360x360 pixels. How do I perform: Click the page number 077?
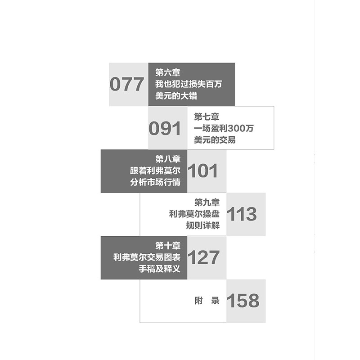coord(127,85)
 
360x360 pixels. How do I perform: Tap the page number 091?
coord(165,129)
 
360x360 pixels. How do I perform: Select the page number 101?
coord(203,171)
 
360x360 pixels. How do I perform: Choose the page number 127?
coord(203,257)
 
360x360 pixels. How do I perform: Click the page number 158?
coord(243,301)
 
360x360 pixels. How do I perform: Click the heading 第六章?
coord(167,72)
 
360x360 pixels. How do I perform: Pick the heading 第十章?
coord(167,246)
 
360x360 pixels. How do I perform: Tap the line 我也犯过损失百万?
coord(189,84)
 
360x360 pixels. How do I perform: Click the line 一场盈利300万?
coord(224,129)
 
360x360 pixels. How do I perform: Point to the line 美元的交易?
coord(215,140)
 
